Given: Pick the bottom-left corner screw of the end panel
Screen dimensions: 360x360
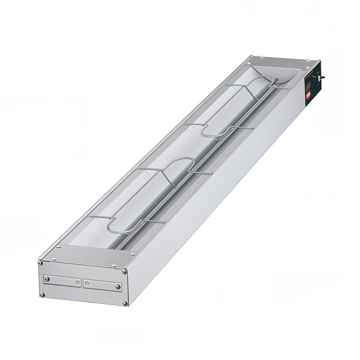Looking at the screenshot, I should [42, 295].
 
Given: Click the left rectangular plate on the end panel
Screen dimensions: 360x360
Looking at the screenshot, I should [62, 281].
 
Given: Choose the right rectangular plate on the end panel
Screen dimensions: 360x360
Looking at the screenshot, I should [102, 285].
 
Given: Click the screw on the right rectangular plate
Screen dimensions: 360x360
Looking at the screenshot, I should [117, 287].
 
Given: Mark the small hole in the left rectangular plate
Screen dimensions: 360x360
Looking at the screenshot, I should [77, 282].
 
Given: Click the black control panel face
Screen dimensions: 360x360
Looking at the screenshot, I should [310, 85].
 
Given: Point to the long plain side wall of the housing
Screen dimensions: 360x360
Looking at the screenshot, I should [216, 202].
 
